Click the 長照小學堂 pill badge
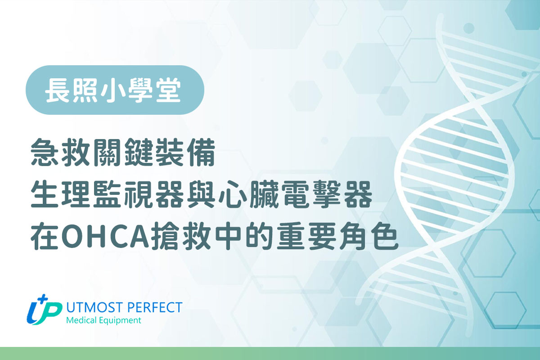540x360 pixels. (115, 90)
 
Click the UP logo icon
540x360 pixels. (44, 310)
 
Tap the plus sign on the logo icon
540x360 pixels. (44, 299)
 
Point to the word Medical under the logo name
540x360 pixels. (80, 321)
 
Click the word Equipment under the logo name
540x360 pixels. (120, 321)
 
